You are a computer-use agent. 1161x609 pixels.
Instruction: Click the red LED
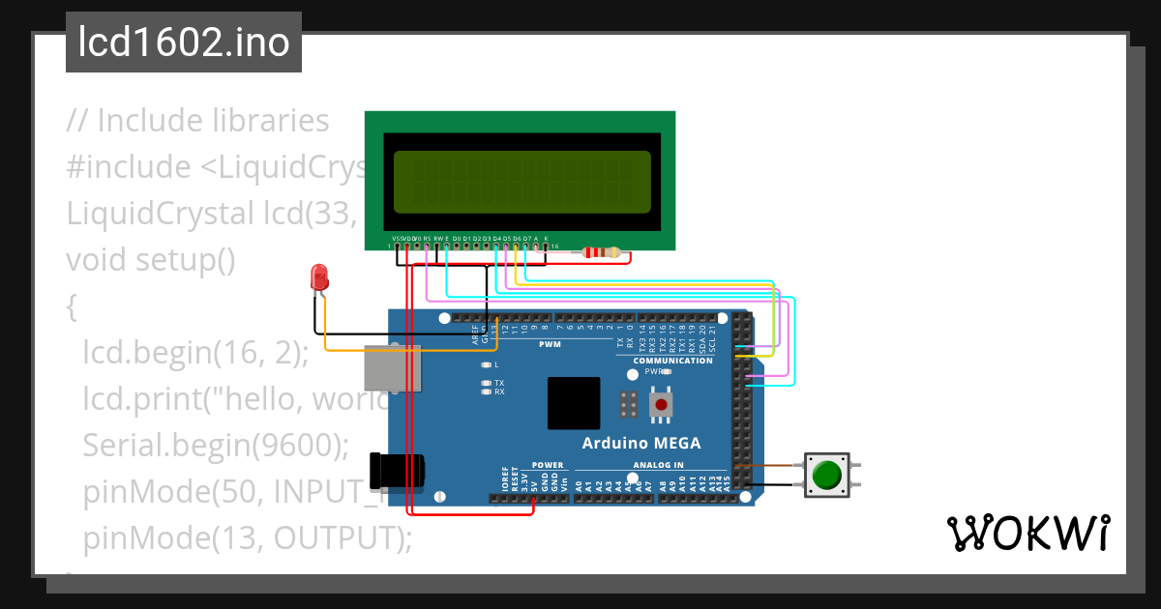coord(318,278)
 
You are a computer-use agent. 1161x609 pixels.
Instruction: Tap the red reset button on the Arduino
coord(661,403)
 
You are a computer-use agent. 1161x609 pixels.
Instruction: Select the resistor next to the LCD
coord(603,253)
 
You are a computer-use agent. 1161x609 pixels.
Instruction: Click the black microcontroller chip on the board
coord(574,403)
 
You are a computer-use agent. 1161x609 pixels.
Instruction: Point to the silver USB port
coord(391,369)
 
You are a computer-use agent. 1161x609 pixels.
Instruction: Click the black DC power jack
coord(397,471)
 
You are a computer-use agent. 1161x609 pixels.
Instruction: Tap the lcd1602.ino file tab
coord(184,43)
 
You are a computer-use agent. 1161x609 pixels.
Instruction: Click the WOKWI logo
coord(1027,534)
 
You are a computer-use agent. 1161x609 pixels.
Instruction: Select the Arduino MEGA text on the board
coord(640,444)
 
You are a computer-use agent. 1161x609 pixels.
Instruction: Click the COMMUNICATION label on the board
coord(672,361)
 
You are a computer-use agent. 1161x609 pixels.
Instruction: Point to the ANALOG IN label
coord(658,465)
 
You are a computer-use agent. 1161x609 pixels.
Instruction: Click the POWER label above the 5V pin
coord(548,465)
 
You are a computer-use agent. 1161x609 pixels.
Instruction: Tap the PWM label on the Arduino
coord(549,344)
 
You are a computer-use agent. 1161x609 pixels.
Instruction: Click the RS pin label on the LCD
coord(427,238)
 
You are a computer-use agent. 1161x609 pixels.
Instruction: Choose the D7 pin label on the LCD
coord(526,238)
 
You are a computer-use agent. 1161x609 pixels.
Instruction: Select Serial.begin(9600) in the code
coord(215,444)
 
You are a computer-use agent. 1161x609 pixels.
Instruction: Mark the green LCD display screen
coord(521,182)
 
